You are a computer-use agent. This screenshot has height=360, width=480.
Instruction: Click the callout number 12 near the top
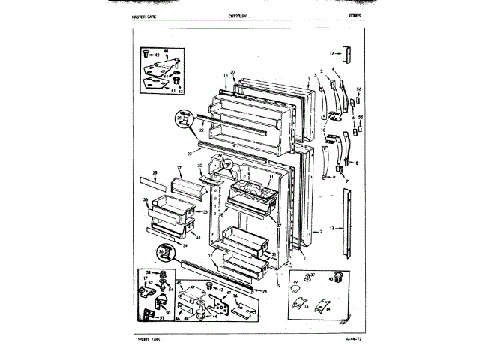(331, 53)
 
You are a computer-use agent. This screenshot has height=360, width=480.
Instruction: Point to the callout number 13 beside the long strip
(331, 226)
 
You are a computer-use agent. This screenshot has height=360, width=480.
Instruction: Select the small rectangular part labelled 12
(346, 55)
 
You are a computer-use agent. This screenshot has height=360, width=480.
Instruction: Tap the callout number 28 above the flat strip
(154, 173)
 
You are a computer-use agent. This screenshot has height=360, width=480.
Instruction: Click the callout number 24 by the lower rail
(264, 290)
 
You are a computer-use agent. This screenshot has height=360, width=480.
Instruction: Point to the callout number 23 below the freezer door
(190, 153)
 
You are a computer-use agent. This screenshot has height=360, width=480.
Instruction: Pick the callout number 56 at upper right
(358, 88)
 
